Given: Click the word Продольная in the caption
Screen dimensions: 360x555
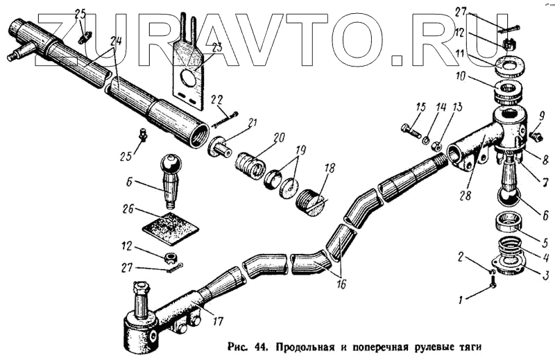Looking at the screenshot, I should (307, 345).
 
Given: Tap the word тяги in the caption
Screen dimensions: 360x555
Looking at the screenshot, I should (466, 345).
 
